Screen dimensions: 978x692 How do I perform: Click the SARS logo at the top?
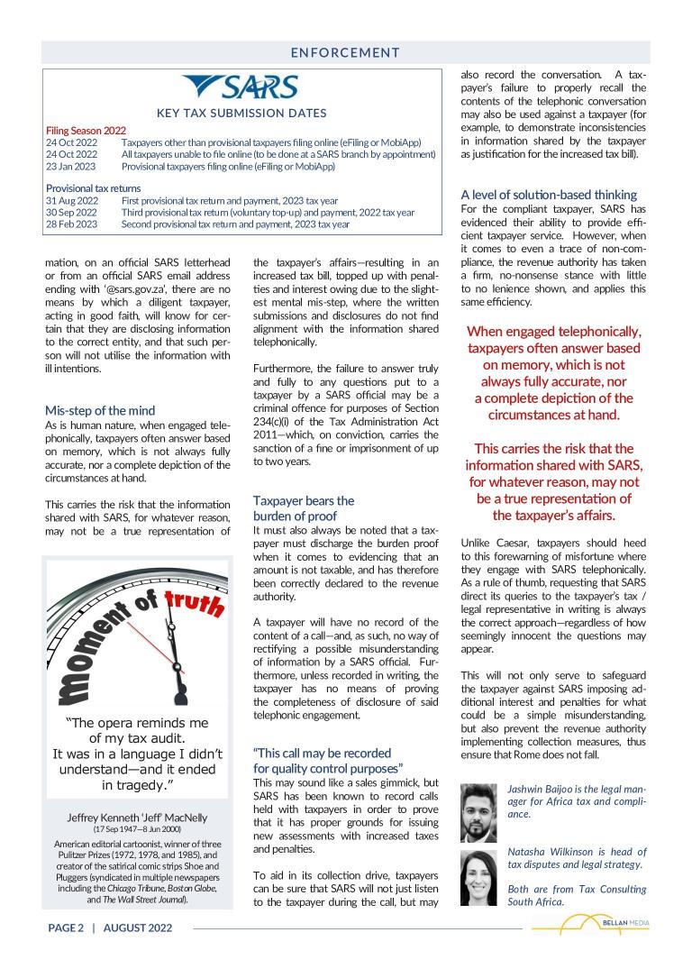pos(240,88)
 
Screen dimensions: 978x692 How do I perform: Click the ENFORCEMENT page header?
pos(346,52)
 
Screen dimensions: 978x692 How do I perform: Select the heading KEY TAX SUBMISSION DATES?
pos(241,114)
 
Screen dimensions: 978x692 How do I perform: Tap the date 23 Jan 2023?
pos(71,167)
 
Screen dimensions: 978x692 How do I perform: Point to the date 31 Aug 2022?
pos(71,200)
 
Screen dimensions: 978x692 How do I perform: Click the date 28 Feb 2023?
pos(71,224)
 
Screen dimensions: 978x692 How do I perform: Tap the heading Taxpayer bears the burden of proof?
pos(304,508)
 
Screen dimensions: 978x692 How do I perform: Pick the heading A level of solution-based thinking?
pos(549,195)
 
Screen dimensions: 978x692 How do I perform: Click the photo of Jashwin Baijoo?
pos(478,812)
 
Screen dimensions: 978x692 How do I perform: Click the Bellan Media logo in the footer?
pos(590,925)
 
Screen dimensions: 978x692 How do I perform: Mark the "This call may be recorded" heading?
pos(322,753)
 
